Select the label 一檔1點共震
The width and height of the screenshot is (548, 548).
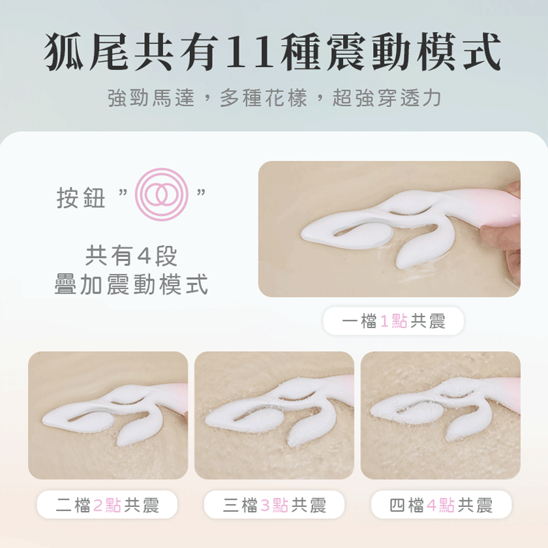pyautogui.click(x=393, y=321)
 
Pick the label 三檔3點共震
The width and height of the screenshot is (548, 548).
pyautogui.click(x=275, y=504)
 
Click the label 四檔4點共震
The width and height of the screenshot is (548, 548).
pyautogui.click(x=441, y=504)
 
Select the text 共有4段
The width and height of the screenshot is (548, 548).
pyautogui.click(x=131, y=256)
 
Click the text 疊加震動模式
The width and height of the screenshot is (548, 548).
pyautogui.click(x=131, y=284)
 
